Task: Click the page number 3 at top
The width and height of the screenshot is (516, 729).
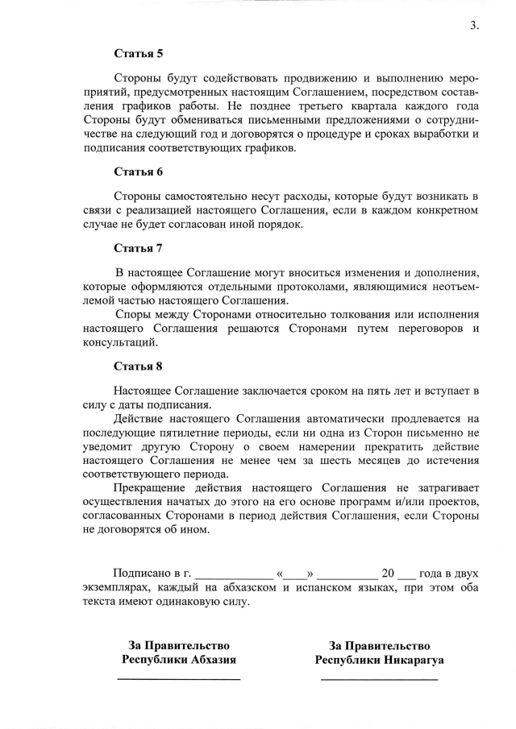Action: pyautogui.click(x=474, y=25)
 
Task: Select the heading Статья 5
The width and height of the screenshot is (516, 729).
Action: pyautogui.click(x=138, y=54)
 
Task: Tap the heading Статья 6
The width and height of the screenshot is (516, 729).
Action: pyautogui.click(x=138, y=172)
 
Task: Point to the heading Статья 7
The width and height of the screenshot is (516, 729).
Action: pyautogui.click(x=138, y=247)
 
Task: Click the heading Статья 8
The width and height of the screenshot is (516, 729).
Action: pyautogui.click(x=138, y=367)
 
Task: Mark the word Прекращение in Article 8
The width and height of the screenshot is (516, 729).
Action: pyautogui.click(x=148, y=489)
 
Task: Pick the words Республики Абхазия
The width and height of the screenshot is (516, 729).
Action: pyautogui.click(x=179, y=659)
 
